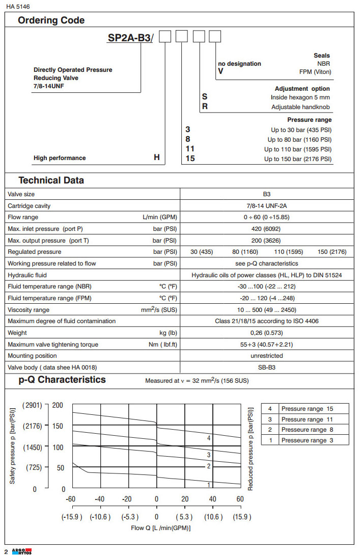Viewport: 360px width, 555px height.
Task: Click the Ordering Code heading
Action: pyautogui.click(x=51, y=20)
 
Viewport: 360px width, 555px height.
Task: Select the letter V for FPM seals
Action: pyautogui.click(x=220, y=71)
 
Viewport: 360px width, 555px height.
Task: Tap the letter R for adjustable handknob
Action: pyautogui.click(x=205, y=107)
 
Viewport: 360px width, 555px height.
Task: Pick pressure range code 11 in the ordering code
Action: pyautogui.click(x=190, y=149)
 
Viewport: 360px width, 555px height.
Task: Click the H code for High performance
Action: pyautogui.click(x=157, y=158)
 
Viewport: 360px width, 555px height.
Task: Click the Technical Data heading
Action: pyautogui.click(x=51, y=180)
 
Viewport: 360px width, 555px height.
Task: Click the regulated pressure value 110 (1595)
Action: pyautogui.click(x=289, y=252)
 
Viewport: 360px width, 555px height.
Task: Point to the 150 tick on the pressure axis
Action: pyautogui.click(x=58, y=426)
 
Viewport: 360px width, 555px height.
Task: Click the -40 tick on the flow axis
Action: pyautogui.click(x=100, y=499)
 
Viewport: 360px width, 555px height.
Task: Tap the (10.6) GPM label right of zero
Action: pyautogui.click(x=213, y=517)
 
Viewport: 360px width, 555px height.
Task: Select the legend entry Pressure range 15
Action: pyautogui.click(x=307, y=409)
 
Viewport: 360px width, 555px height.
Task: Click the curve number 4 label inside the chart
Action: pyautogui.click(x=209, y=438)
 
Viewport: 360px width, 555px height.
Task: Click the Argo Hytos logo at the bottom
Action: pyautogui.click(x=21, y=551)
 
